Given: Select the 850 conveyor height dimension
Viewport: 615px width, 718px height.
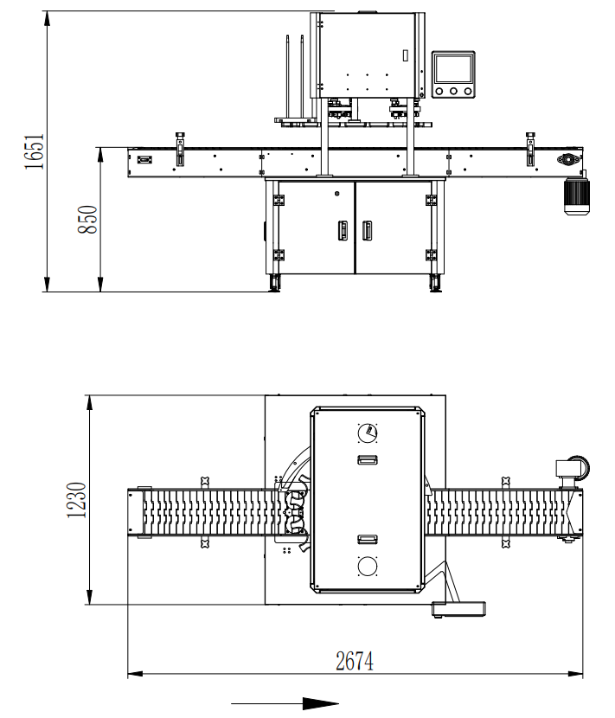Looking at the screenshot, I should click(x=87, y=220).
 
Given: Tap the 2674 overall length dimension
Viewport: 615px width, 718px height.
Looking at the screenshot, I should click(x=355, y=662).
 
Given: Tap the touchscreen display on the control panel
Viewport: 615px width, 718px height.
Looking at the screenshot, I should click(x=453, y=67).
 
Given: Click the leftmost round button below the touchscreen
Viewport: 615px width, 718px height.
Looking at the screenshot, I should click(x=439, y=90).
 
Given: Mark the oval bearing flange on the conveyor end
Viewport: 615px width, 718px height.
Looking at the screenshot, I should click(x=568, y=160).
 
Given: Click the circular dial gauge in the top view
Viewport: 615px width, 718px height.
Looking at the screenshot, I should click(x=367, y=431).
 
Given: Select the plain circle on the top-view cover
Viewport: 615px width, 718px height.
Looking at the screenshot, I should click(x=367, y=567).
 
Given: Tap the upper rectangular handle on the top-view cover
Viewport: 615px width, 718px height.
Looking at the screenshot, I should click(x=367, y=459).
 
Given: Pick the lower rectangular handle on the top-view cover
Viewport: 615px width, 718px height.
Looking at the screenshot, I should click(x=367, y=539).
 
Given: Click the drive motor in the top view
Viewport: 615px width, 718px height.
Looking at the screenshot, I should click(x=571, y=468).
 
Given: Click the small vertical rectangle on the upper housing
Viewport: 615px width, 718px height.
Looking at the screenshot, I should click(x=404, y=54).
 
